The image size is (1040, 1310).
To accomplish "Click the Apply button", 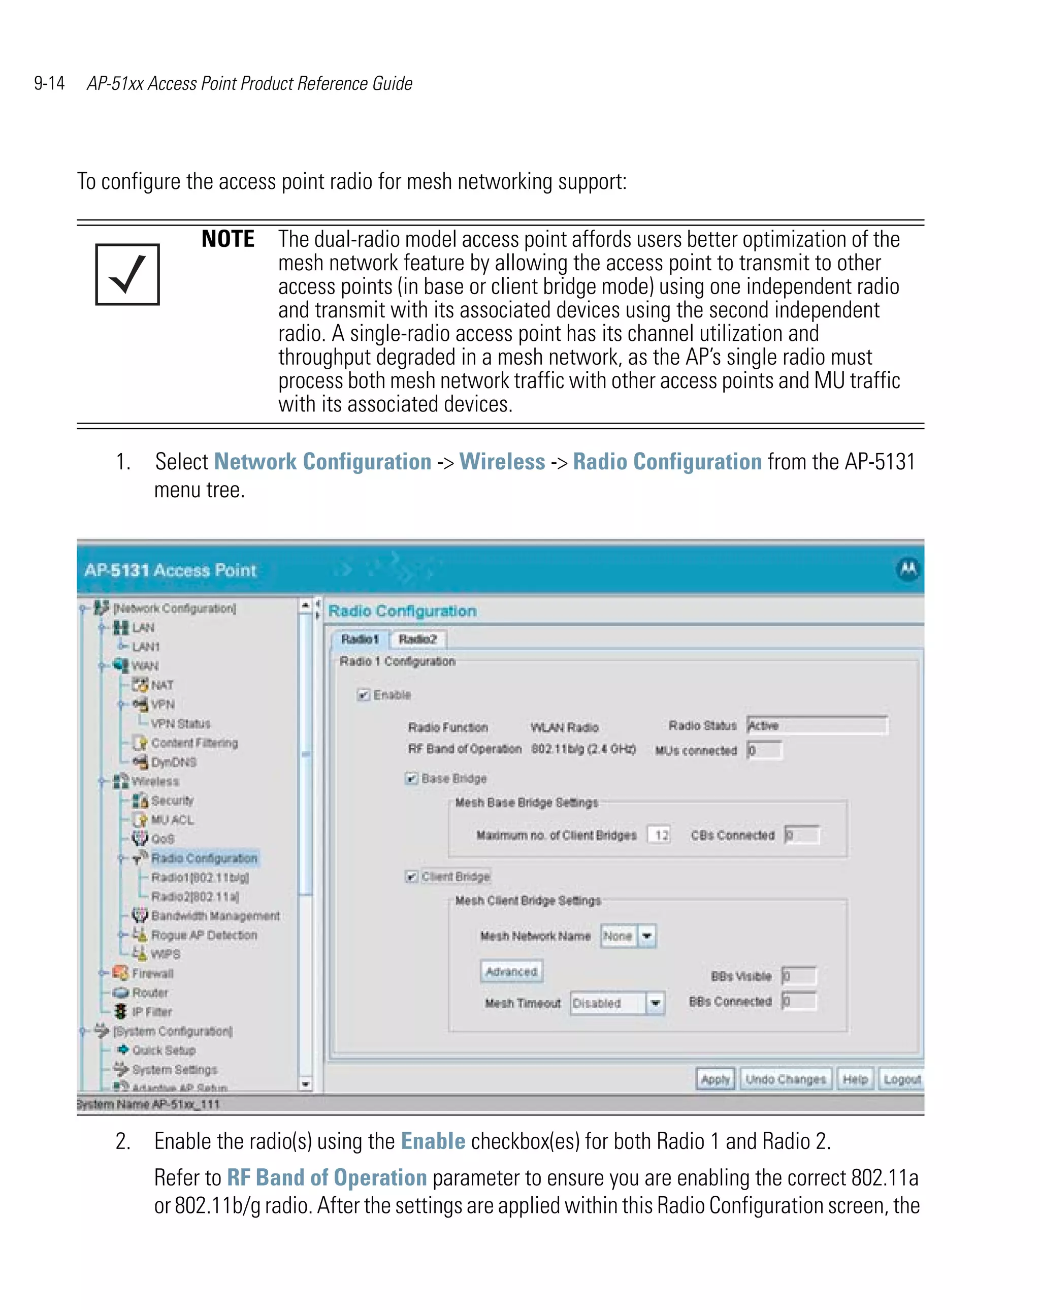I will (x=714, y=1079).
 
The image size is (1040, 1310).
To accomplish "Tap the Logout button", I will (x=901, y=1079).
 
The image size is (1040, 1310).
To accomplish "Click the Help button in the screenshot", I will (x=855, y=1079).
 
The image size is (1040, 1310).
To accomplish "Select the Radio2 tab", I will (x=417, y=639).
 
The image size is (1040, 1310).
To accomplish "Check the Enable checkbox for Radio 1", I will (x=363, y=694).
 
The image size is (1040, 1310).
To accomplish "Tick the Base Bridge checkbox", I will (x=411, y=778).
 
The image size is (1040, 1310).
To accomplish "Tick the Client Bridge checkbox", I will (x=411, y=876).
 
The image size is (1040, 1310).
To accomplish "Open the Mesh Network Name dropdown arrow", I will (x=647, y=936).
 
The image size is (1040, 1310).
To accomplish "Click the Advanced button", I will (x=511, y=972).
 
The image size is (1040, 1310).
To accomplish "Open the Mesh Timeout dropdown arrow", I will (x=655, y=1003).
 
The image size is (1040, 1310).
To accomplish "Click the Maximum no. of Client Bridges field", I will (x=660, y=835).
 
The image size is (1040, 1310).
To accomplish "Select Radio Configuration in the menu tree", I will (x=204, y=858).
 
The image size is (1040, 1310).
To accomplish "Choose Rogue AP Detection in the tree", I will (x=204, y=935).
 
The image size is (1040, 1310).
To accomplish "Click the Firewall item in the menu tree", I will (x=152, y=973).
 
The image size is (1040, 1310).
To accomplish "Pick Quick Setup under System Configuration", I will (x=164, y=1050).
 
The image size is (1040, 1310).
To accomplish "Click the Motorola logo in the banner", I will (x=907, y=569).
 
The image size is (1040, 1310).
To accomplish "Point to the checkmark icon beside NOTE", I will (x=127, y=274).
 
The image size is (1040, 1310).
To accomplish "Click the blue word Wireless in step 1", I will (x=502, y=462).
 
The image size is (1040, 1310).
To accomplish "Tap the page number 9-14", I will (x=49, y=83).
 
